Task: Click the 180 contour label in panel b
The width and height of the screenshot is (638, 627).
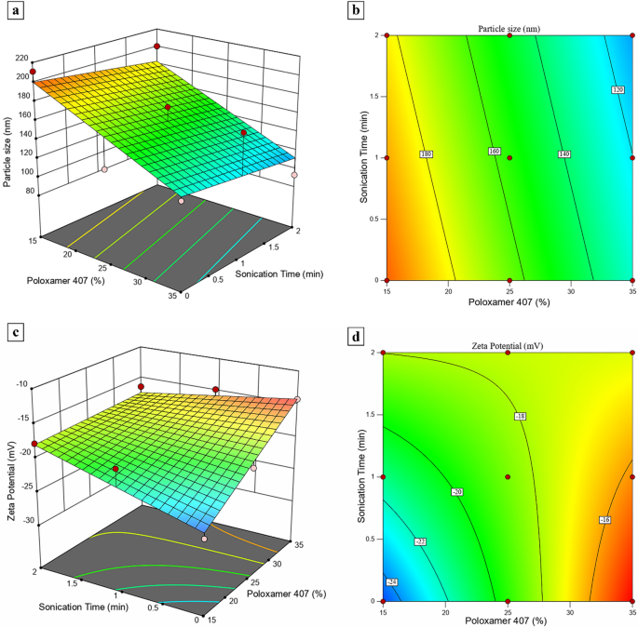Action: point(427,153)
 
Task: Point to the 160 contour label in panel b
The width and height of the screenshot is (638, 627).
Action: point(495,151)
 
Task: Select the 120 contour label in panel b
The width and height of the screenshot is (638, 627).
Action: point(617,90)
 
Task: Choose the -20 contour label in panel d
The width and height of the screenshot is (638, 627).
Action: point(457,491)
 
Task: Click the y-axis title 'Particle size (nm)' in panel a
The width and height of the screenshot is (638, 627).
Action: point(8,149)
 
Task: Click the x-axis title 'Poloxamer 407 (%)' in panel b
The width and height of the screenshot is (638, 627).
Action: point(509,302)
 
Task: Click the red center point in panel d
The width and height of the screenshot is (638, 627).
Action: point(508,477)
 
